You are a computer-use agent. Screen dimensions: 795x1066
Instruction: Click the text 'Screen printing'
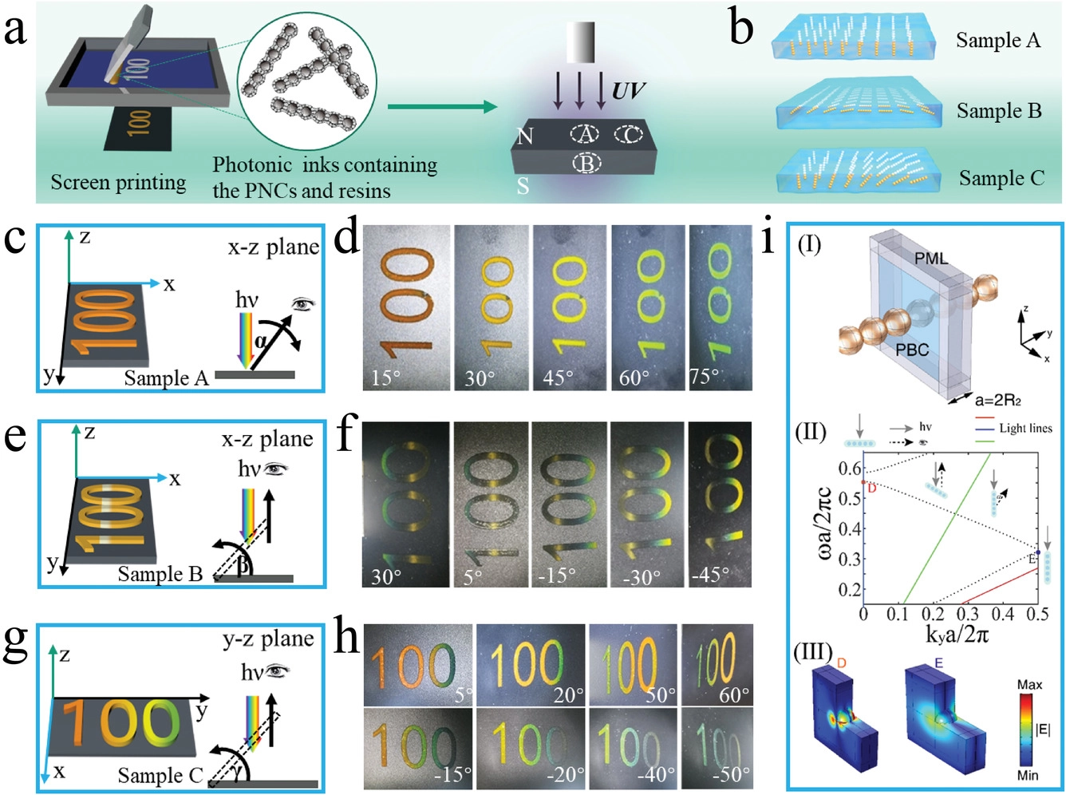pyautogui.click(x=118, y=183)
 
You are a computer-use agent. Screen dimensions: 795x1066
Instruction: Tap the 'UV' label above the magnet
pyautogui.click(x=627, y=91)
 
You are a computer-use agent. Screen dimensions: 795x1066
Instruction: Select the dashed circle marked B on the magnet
pyautogui.click(x=587, y=163)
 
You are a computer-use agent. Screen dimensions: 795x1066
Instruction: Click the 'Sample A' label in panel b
pyautogui.click(x=998, y=41)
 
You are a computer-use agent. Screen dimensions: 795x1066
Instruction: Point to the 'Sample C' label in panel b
pyautogui.click(x=1001, y=178)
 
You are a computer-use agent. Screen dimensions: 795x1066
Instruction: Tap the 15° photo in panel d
pyautogui.click(x=406, y=307)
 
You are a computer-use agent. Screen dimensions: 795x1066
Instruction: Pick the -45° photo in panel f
pyautogui.click(x=720, y=504)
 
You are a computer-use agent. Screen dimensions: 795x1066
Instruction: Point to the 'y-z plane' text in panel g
pyautogui.click(x=268, y=639)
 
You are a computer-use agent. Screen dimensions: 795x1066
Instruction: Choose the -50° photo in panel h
pyautogui.click(x=717, y=748)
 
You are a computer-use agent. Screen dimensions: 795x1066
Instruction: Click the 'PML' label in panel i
pyautogui.click(x=932, y=258)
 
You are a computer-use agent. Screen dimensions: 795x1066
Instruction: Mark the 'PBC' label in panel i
pyautogui.click(x=912, y=349)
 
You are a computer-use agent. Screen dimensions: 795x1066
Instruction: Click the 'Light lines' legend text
pyautogui.click(x=1025, y=429)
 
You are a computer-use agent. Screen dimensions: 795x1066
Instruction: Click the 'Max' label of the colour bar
pyautogui.click(x=1029, y=685)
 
